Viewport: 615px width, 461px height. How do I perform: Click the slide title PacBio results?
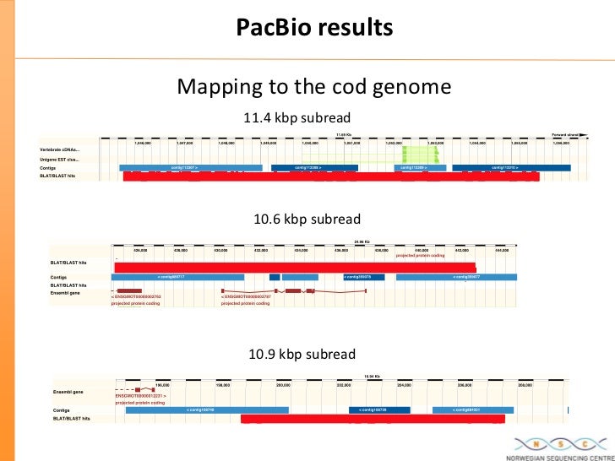[314, 28]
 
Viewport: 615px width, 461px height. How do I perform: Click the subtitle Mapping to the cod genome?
[313, 87]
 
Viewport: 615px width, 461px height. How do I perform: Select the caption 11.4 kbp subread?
[297, 117]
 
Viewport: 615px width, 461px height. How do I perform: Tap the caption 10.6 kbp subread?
[307, 220]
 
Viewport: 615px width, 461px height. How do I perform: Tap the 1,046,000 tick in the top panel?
[143, 143]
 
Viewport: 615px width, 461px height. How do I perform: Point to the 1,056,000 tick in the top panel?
[561, 143]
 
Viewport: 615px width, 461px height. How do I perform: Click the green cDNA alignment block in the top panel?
[415, 153]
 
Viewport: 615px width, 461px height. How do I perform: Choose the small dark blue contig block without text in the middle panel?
[275, 276]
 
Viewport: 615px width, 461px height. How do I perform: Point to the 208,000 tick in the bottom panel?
[525, 385]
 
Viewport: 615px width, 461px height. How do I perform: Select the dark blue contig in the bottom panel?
[378, 409]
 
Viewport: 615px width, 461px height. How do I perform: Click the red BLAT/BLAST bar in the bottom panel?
[372, 418]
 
